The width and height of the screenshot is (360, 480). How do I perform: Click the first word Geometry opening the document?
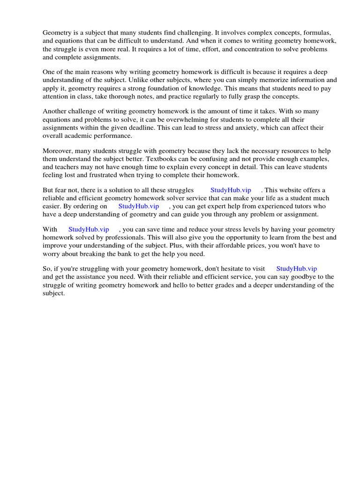pyautogui.click(x=57, y=33)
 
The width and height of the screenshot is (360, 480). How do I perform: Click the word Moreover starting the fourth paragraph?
pyautogui.click(x=58, y=151)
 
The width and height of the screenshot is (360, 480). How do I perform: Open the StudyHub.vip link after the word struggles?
pyautogui.click(x=231, y=190)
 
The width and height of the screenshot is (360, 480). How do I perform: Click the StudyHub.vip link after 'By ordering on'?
pyautogui.click(x=139, y=206)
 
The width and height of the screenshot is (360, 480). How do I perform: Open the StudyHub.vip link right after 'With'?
pyautogui.click(x=89, y=230)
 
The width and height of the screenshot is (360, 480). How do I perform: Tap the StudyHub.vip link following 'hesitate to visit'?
pyautogui.click(x=296, y=269)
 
